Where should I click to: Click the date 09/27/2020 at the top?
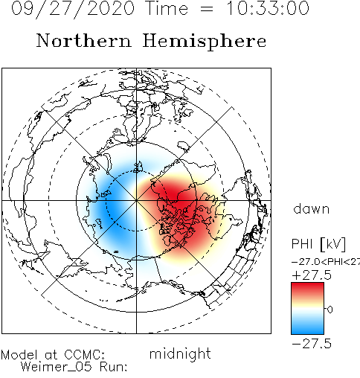click(73, 9)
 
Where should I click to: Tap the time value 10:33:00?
click(268, 8)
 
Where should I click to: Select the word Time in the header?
click(167, 8)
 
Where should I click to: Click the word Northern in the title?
click(83, 40)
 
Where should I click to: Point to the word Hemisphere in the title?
click(205, 42)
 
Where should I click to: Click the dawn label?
click(312, 209)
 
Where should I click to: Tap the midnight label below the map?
click(180, 354)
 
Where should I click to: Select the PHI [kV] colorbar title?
click(318, 244)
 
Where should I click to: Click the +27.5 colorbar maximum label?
click(312, 275)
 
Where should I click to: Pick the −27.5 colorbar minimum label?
click(312, 344)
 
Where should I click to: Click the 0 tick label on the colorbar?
click(330, 310)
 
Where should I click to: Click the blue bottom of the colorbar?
click(307, 330)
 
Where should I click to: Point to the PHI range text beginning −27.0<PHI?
click(326, 262)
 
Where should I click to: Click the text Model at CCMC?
click(53, 355)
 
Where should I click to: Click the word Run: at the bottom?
click(114, 367)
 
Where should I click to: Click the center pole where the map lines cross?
click(136, 200)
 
